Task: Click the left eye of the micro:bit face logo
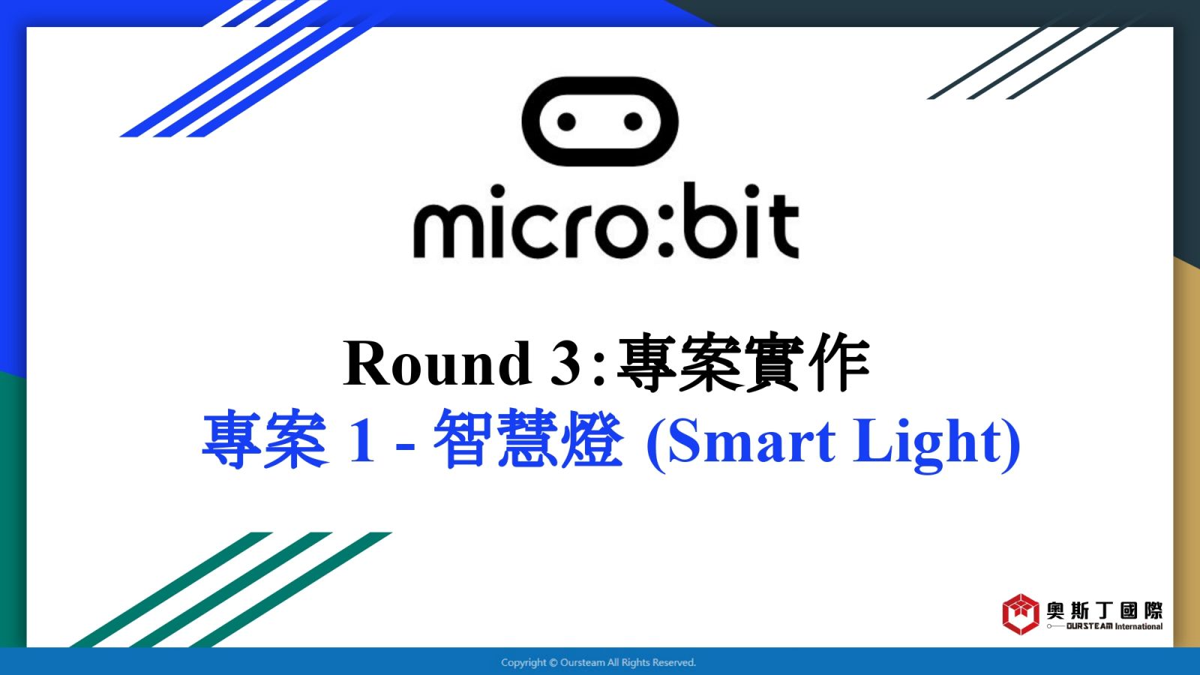tap(567, 121)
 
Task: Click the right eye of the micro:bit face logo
tap(633, 121)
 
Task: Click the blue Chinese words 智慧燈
tap(528, 439)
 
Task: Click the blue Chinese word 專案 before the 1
tap(265, 439)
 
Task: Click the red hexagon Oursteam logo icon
tap(1021, 614)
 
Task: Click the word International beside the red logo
tap(1139, 626)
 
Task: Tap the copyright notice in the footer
tap(598, 663)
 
